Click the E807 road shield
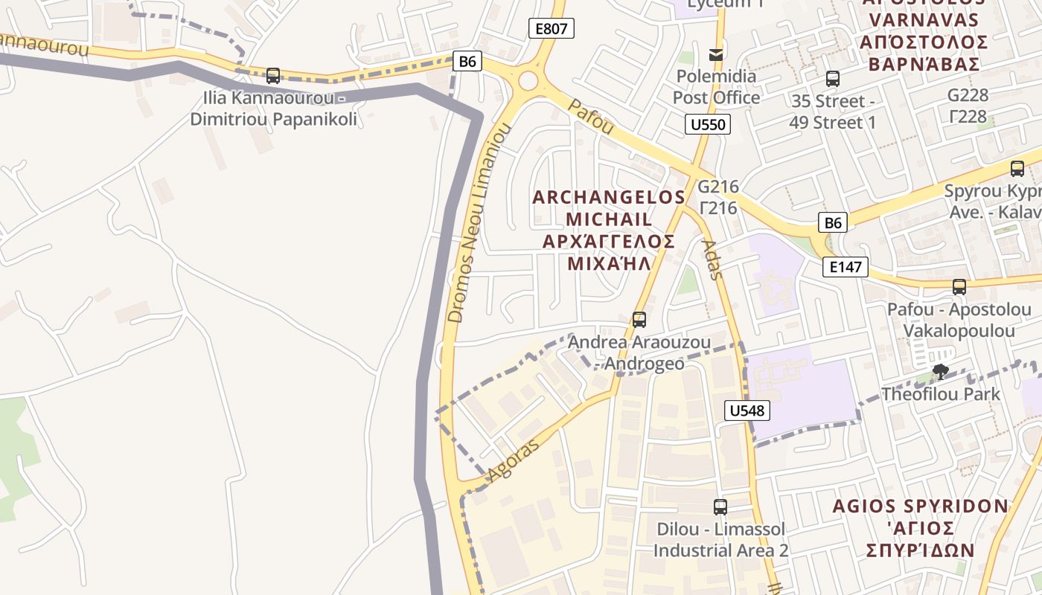(x=552, y=29)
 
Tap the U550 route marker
(x=707, y=124)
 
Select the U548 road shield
(x=746, y=411)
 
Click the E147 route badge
(x=845, y=267)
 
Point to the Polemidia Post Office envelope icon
(x=716, y=54)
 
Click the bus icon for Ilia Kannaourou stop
(x=273, y=75)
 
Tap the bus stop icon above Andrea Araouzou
(x=639, y=320)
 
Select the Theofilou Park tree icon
(x=940, y=371)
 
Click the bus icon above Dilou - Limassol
(x=720, y=507)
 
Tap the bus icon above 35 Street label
(x=832, y=78)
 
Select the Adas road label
(x=712, y=259)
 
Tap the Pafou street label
(x=590, y=118)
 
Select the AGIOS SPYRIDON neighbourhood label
(x=920, y=506)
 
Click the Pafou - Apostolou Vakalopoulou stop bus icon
(x=959, y=286)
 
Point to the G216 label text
(x=717, y=187)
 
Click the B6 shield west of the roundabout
(x=467, y=61)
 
